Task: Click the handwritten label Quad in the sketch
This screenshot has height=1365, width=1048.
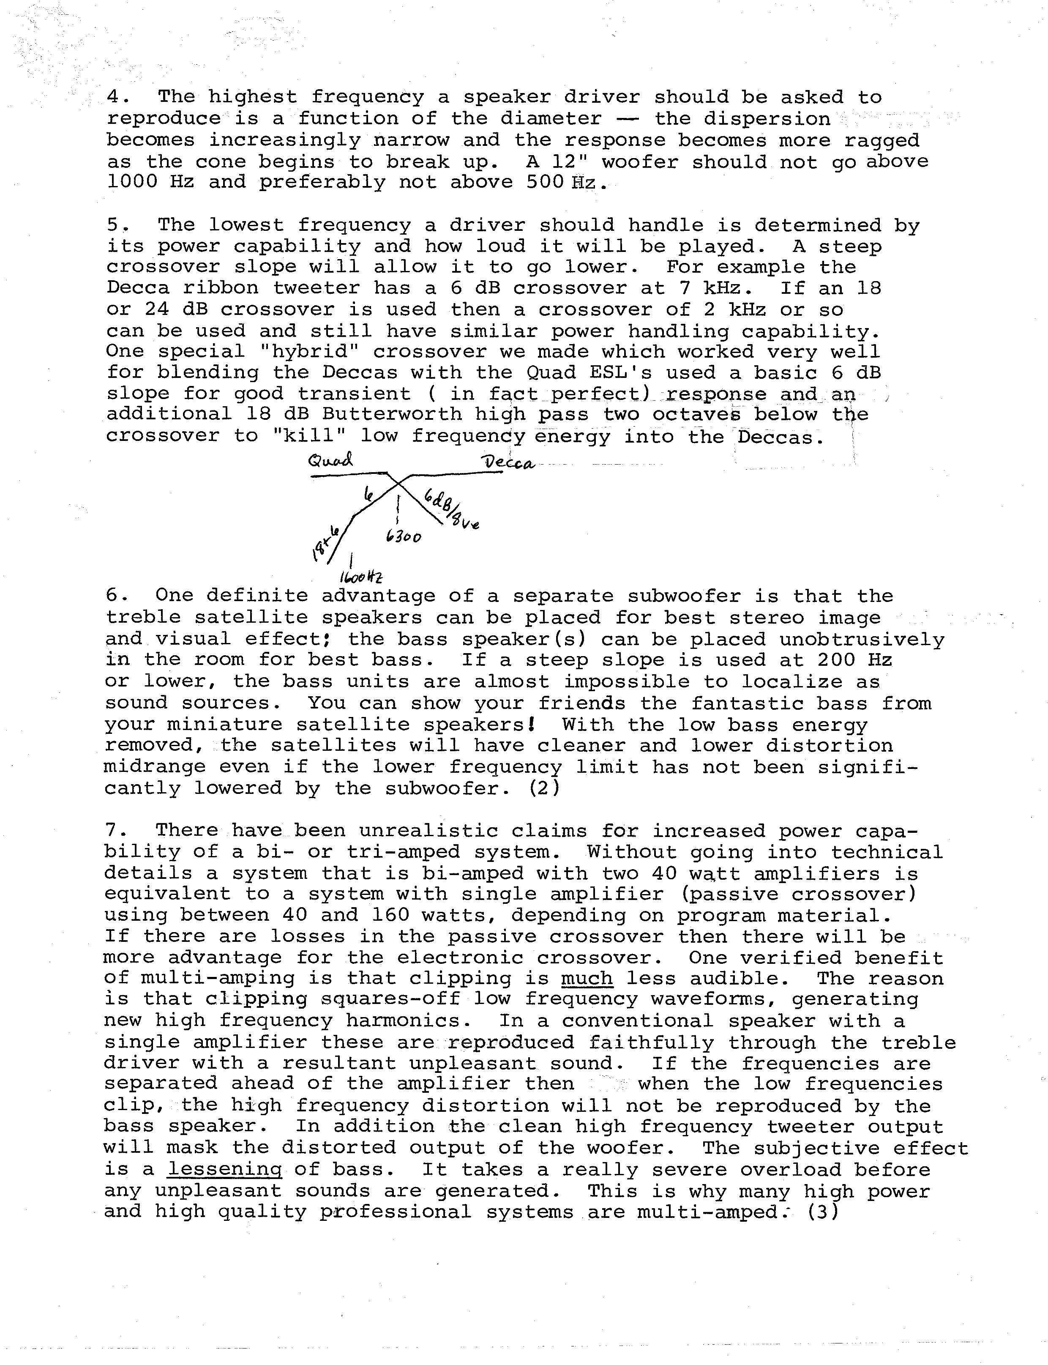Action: (x=330, y=461)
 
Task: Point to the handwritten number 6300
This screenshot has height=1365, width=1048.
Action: (x=404, y=536)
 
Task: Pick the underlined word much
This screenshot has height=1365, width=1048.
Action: (x=587, y=978)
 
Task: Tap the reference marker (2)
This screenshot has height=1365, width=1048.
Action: (x=543, y=788)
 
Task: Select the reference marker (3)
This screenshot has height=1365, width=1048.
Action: (x=824, y=1212)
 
